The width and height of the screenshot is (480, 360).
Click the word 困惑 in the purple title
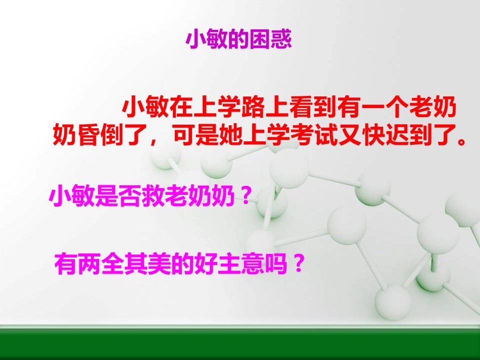pos(271,39)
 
